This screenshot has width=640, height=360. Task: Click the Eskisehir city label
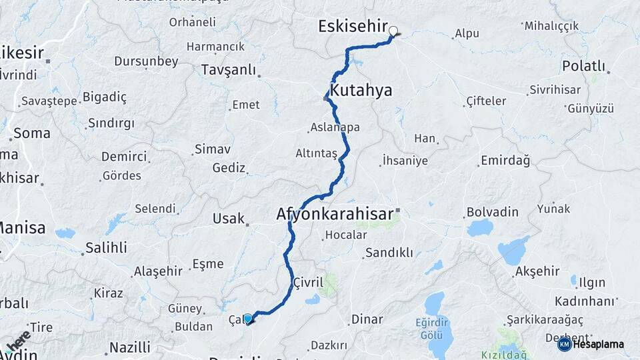point(353,27)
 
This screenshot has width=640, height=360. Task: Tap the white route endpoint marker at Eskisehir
point(393,30)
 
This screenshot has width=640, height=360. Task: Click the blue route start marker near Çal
point(248,319)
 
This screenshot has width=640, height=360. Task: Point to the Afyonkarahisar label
point(334,215)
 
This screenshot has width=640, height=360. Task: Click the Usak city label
point(229,219)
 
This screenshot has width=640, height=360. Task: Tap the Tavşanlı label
point(229,69)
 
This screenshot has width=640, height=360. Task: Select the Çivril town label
point(308,283)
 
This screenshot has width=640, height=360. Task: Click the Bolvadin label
point(492,212)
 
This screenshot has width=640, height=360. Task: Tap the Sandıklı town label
point(389,253)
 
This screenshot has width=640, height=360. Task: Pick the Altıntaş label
point(316,153)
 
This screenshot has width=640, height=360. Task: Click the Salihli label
point(106,248)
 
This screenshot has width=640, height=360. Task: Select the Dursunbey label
point(146,61)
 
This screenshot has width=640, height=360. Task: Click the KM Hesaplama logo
point(591,344)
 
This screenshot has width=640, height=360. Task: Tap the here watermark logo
point(19,339)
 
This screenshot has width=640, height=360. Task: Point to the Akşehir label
point(537,272)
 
